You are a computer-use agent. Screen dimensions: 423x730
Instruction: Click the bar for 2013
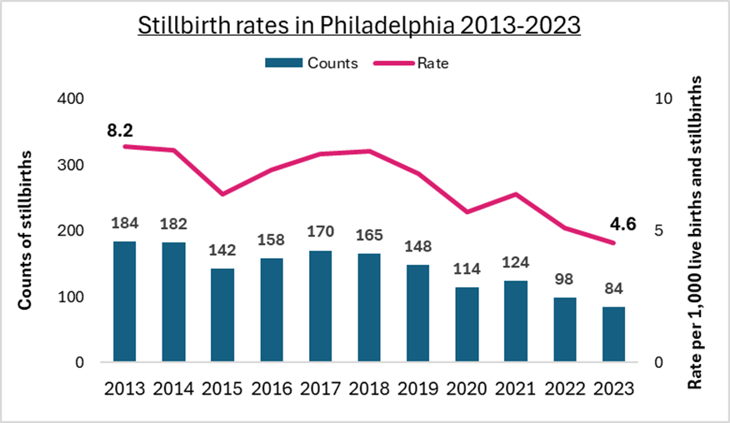tap(125, 302)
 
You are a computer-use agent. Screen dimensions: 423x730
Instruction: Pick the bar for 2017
tap(321, 306)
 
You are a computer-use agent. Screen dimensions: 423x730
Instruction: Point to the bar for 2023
tap(614, 335)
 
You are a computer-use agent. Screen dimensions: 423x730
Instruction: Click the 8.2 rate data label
tap(120, 130)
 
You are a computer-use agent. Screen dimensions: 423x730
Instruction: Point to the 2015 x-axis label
tap(222, 388)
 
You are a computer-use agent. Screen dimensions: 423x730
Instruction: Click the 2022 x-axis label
tap(565, 388)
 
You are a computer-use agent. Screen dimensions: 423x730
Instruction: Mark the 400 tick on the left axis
tap(75, 98)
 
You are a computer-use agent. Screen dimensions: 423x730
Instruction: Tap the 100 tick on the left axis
tap(75, 297)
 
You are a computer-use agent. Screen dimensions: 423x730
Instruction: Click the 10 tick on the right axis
tap(663, 98)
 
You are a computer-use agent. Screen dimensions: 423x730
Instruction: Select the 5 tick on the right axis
tap(660, 231)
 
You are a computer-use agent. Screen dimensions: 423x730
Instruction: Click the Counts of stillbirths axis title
tap(27, 231)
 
